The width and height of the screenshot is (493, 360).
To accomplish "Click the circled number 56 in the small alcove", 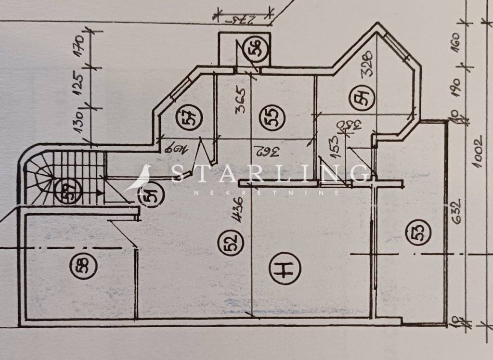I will point(257,50).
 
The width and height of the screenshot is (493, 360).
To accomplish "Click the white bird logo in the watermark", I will point(141,178).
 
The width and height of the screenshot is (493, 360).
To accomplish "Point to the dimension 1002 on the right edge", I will point(478,153).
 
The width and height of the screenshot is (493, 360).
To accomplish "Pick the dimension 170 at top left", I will point(80,47).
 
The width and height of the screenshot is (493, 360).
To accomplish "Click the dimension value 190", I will point(456,87).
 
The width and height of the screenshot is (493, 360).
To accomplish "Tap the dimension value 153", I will point(335,146).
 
